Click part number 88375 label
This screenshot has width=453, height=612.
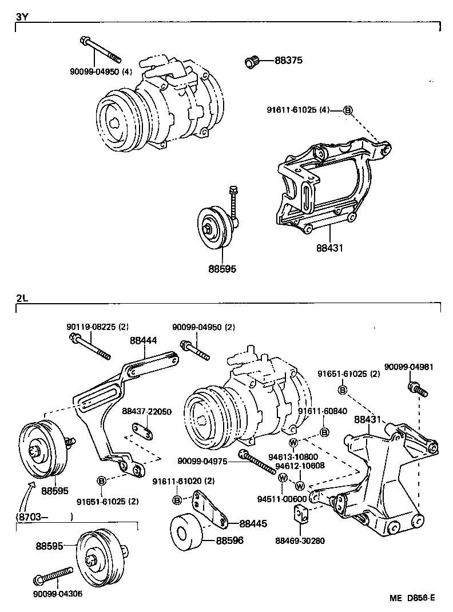[288, 61]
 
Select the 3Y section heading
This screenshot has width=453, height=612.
[22, 17]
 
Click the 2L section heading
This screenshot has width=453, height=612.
[22, 299]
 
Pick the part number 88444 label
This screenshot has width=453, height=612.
[143, 340]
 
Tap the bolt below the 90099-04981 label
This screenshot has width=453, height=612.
[416, 390]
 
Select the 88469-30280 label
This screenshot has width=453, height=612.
[300, 541]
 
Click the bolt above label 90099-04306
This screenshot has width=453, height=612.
[54, 578]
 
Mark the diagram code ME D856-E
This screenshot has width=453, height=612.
[412, 598]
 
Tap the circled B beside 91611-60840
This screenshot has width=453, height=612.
[324, 432]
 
